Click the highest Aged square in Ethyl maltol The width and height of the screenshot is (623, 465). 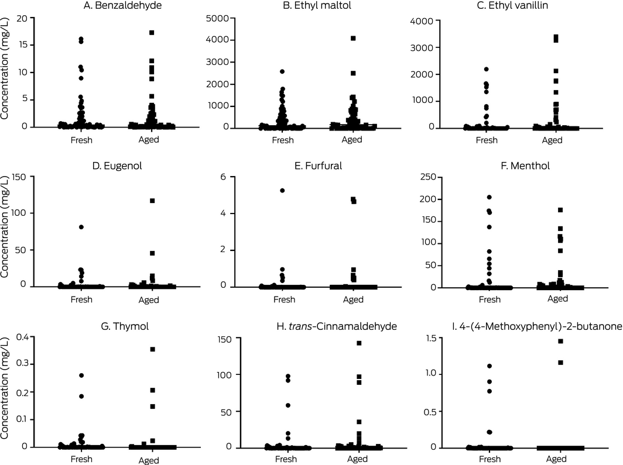click(353, 39)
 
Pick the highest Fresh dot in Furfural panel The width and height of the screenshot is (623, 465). click(282, 191)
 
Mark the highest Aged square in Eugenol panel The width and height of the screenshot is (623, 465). click(152, 201)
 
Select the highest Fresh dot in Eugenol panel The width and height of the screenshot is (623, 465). click(81, 227)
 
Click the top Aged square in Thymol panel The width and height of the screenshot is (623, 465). click(152, 349)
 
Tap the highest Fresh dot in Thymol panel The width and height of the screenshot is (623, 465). click(81, 376)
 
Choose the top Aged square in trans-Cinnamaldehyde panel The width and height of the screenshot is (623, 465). click(359, 343)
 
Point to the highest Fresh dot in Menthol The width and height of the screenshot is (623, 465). click(489, 198)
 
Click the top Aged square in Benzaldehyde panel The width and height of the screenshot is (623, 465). click(152, 33)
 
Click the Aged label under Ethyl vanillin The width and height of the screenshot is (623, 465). click(552, 140)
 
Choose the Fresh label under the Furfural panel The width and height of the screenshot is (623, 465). click(285, 299)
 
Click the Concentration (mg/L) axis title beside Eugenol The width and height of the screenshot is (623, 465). click(6, 233)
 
